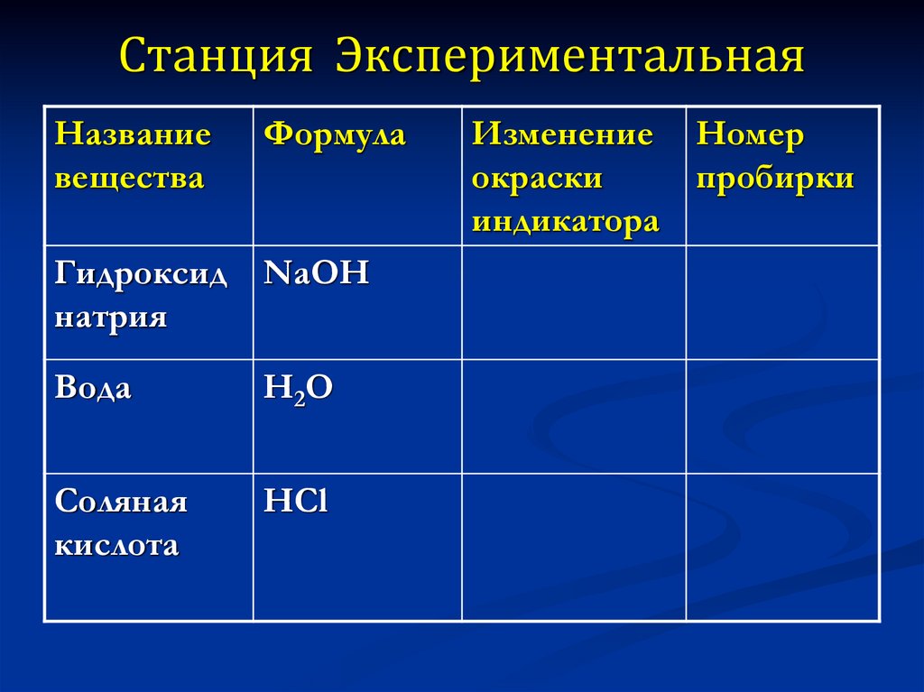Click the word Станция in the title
pyautogui.click(x=217, y=57)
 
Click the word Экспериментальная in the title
pyautogui.click(x=569, y=57)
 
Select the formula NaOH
pyautogui.click(x=317, y=273)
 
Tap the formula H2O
pyautogui.click(x=299, y=388)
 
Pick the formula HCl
pyautogui.click(x=296, y=502)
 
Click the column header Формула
pyautogui.click(x=335, y=135)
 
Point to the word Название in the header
pyautogui.click(x=133, y=135)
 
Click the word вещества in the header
pyautogui.click(x=129, y=178)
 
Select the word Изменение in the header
pyautogui.click(x=562, y=135)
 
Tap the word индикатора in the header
pyautogui.click(x=565, y=221)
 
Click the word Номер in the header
pyautogui.click(x=749, y=135)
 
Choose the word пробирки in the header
pyautogui.click(x=775, y=178)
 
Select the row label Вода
pyautogui.click(x=93, y=388)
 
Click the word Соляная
pyautogui.click(x=121, y=502)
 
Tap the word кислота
pyautogui.click(x=116, y=545)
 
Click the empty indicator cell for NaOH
pyautogui.click(x=574, y=302)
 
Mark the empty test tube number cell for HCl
pyautogui.click(x=782, y=547)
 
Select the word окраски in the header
pyautogui.click(x=537, y=178)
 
